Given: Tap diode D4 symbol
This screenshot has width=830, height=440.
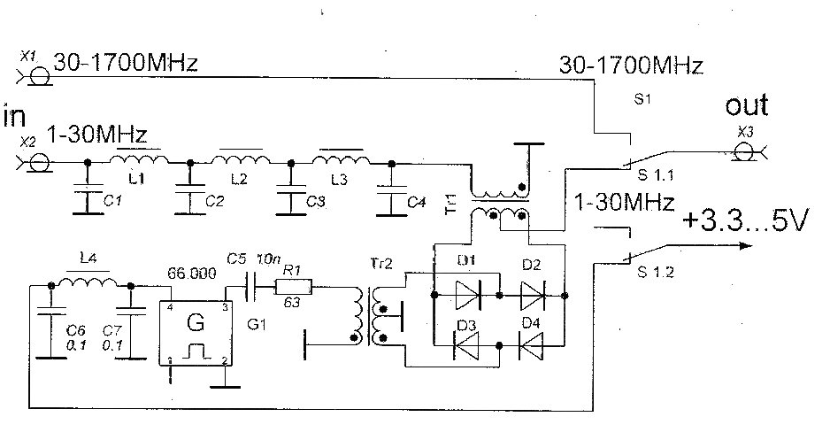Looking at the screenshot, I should [x=532, y=347].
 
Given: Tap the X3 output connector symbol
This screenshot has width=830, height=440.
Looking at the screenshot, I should [x=747, y=153].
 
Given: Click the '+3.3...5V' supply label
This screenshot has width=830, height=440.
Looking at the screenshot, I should [x=744, y=223].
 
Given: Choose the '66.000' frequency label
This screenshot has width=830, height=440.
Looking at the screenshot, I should [x=192, y=275].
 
